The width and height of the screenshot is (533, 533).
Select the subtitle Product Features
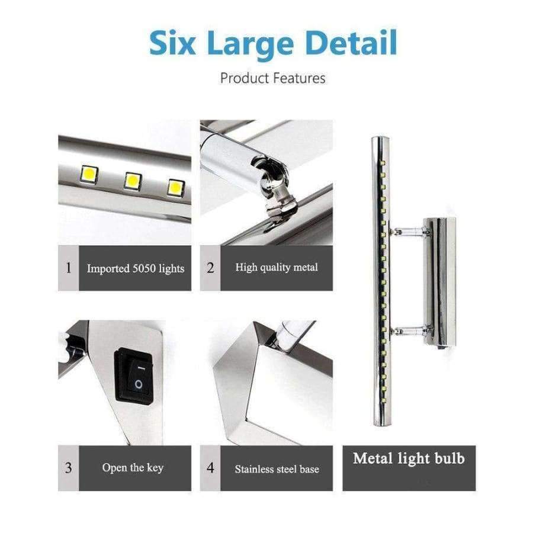[x=273, y=78]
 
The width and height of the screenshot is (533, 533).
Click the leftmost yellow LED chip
[x=91, y=174]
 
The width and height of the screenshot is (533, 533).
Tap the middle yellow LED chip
[x=133, y=181]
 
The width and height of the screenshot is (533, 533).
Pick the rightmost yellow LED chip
[x=175, y=187]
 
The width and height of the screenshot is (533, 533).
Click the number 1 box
[x=68, y=268]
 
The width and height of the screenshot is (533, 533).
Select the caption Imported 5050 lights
[x=136, y=268]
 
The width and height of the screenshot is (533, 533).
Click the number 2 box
[x=210, y=268]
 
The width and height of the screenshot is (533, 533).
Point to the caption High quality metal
[x=277, y=268]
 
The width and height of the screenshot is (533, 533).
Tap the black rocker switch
[x=133, y=375]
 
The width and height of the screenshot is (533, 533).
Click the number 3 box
[x=68, y=468]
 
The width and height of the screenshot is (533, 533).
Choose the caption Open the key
[x=133, y=468]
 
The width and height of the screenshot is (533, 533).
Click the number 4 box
[x=210, y=468]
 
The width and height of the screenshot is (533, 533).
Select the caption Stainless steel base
[x=277, y=469]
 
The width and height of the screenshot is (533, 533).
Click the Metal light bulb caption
[x=409, y=458]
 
